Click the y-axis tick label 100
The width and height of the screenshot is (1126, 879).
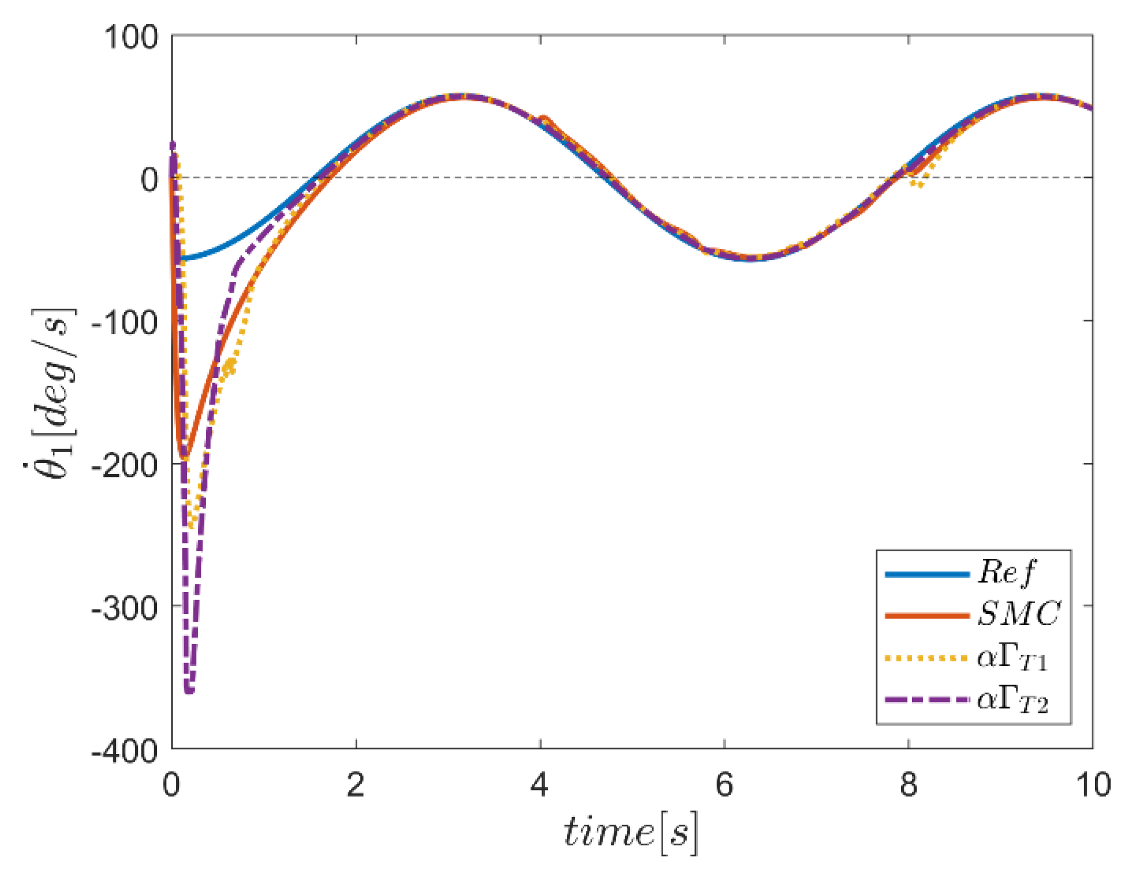point(131,37)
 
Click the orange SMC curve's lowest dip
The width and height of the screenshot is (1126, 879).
point(183,458)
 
